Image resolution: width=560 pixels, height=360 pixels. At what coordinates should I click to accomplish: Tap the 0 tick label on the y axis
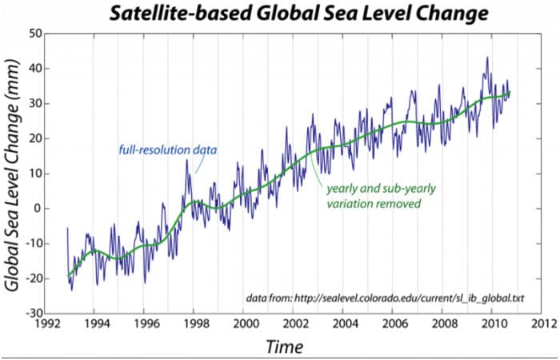(x=37, y=208)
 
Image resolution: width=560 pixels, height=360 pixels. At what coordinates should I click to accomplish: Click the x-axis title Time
(x=284, y=346)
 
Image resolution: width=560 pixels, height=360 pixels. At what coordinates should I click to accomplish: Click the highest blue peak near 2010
(x=486, y=58)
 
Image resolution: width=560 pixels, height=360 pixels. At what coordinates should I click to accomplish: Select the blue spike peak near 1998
(x=187, y=160)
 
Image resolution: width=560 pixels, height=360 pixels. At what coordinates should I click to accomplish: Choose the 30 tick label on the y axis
(x=34, y=104)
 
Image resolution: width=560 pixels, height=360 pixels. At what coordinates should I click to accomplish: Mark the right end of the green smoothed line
(x=510, y=93)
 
